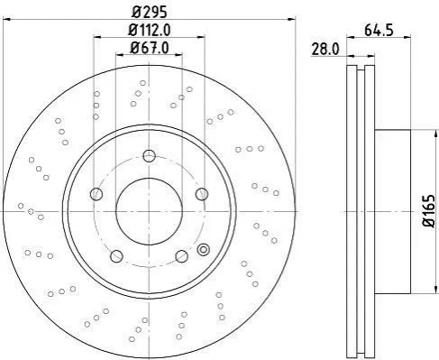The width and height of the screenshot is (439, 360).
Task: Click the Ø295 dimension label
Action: pyautogui.click(x=150, y=12)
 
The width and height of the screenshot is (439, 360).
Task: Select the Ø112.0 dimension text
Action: pyautogui.click(x=150, y=30)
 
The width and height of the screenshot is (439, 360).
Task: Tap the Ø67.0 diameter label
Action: pyautogui.click(x=150, y=48)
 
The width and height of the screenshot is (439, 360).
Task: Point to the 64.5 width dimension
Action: pyautogui.click(x=379, y=31)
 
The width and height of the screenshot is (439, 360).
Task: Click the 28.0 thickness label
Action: pyautogui.click(x=325, y=50)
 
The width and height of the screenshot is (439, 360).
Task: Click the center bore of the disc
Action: pyautogui.click(x=149, y=211)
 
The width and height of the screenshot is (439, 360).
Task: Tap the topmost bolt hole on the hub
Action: pyautogui.click(x=149, y=156)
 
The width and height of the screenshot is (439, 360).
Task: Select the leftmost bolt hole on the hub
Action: pyautogui.click(x=96, y=194)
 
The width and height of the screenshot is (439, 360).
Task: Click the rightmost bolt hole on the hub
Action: pyautogui.click(x=202, y=194)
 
